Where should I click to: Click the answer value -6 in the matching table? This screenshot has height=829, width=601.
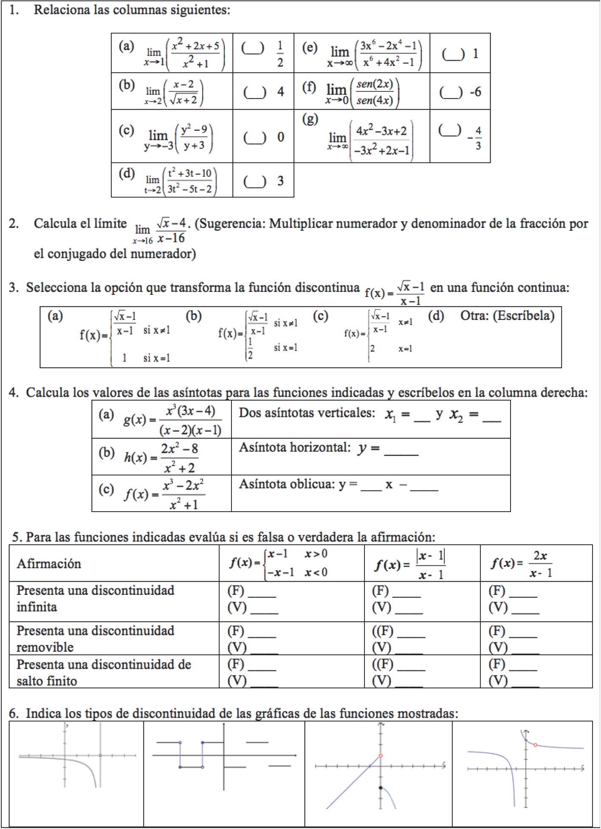click(475, 92)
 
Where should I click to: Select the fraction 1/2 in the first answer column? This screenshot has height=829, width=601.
click(280, 54)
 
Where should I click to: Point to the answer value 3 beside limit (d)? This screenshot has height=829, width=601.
click(280, 181)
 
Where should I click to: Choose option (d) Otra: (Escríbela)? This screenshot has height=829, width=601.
click(507, 316)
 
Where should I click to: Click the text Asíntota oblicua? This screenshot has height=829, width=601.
click(286, 484)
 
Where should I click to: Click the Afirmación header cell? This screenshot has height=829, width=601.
click(49, 563)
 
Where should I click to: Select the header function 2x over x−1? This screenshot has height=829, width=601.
click(522, 564)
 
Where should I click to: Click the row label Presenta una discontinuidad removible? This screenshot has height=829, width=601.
click(95, 639)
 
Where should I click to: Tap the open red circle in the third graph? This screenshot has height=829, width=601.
click(381, 755)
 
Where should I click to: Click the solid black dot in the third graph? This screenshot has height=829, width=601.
click(381, 788)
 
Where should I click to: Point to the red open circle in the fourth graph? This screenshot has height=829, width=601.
click(535, 745)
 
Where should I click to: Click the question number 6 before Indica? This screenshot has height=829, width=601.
click(14, 713)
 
